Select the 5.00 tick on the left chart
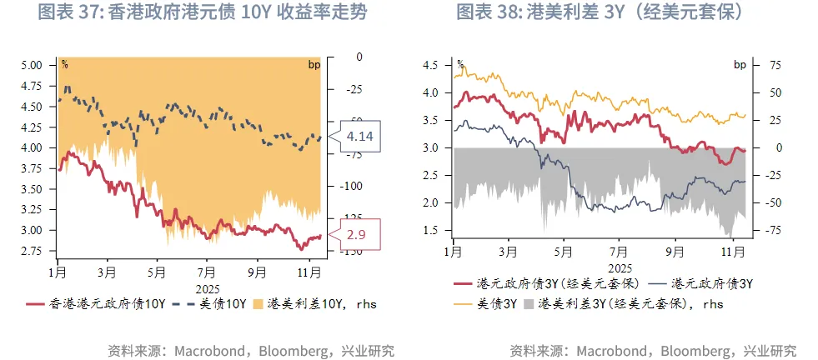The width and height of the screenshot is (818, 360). tap(31, 64)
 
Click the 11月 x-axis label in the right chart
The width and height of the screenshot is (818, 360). tap(731, 251)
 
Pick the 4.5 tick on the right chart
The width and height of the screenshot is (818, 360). tap(431, 64)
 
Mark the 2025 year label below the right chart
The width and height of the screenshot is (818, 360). tap(620, 267)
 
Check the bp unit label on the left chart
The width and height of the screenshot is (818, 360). tap(314, 64)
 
